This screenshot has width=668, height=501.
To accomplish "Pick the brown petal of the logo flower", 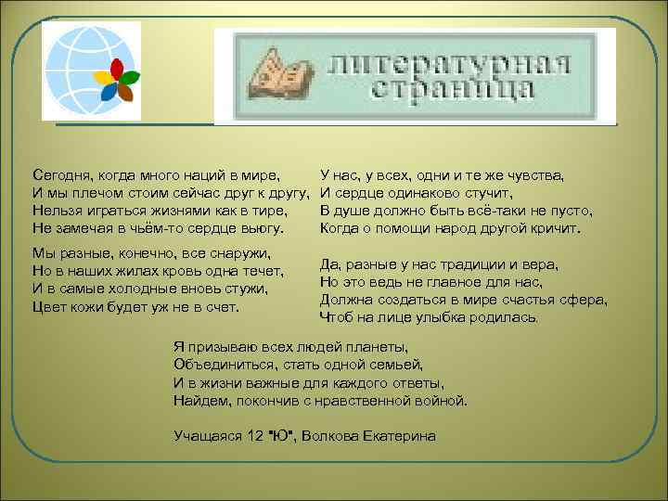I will [x=124, y=92].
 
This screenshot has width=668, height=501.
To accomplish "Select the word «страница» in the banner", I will [x=452, y=90].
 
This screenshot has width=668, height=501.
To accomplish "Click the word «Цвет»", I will [x=48, y=306].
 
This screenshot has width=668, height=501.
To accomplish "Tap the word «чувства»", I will [x=535, y=174].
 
